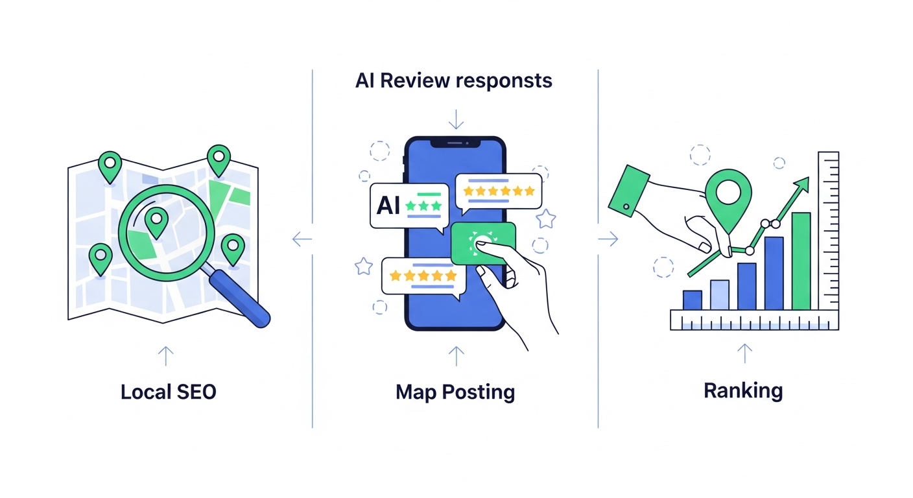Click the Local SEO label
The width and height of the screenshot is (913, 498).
169,392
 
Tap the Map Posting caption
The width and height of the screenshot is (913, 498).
455,392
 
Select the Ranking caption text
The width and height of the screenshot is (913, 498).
743,390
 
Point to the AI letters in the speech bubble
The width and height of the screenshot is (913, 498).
388,206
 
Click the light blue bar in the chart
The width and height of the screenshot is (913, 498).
720,294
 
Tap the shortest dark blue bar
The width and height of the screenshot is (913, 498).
693,300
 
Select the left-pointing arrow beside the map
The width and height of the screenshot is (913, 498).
302,239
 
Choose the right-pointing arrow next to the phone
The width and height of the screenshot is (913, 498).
608,239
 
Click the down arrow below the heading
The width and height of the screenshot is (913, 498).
456,119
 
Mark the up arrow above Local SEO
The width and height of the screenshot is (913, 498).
166,355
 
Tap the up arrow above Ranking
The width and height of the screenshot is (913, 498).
745,353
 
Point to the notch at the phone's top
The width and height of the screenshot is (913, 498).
455,142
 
